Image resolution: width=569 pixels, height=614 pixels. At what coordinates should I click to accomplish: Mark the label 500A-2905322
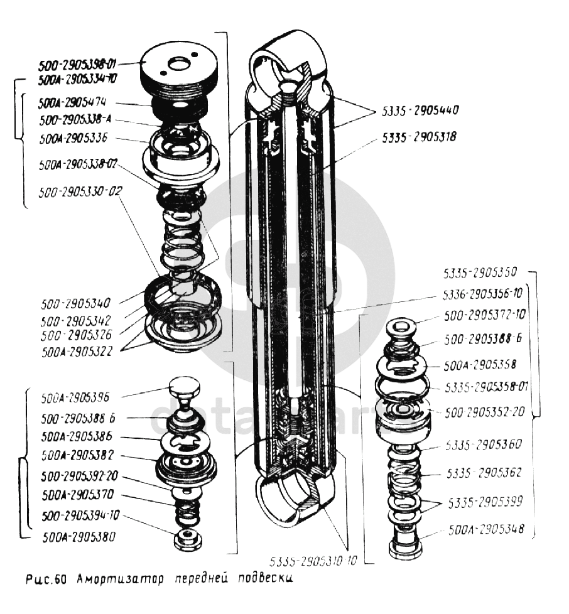point(77,353)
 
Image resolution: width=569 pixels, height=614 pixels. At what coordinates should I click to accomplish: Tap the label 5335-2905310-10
point(313,561)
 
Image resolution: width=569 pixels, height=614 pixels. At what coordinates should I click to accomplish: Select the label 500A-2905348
point(488,529)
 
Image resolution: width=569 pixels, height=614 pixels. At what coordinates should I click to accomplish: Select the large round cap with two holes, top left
point(180,66)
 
